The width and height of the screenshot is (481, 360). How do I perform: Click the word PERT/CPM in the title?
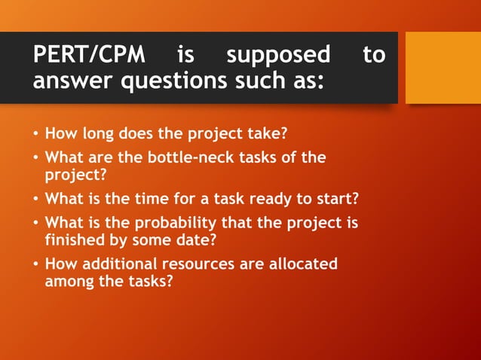(x=91, y=55)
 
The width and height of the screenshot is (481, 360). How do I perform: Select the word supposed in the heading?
(x=278, y=55)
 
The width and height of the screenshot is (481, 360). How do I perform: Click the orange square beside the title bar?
(x=443, y=67)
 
